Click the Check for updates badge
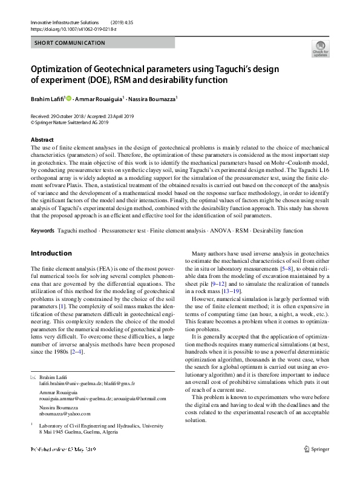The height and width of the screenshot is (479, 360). (x=320, y=48)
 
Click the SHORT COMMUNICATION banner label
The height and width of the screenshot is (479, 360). (x=70, y=43)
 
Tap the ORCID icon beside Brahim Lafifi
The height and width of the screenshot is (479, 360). (x=68, y=98)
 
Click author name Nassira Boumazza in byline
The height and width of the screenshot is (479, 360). (x=154, y=98)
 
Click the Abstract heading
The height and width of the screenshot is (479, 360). (x=42, y=139)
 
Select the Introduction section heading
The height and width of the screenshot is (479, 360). (x=51, y=253)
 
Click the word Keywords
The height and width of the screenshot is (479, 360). (x=42, y=231)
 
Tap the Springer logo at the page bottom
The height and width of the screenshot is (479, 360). (x=316, y=449)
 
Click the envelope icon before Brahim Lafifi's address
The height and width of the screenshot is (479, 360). (x=33, y=377)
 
